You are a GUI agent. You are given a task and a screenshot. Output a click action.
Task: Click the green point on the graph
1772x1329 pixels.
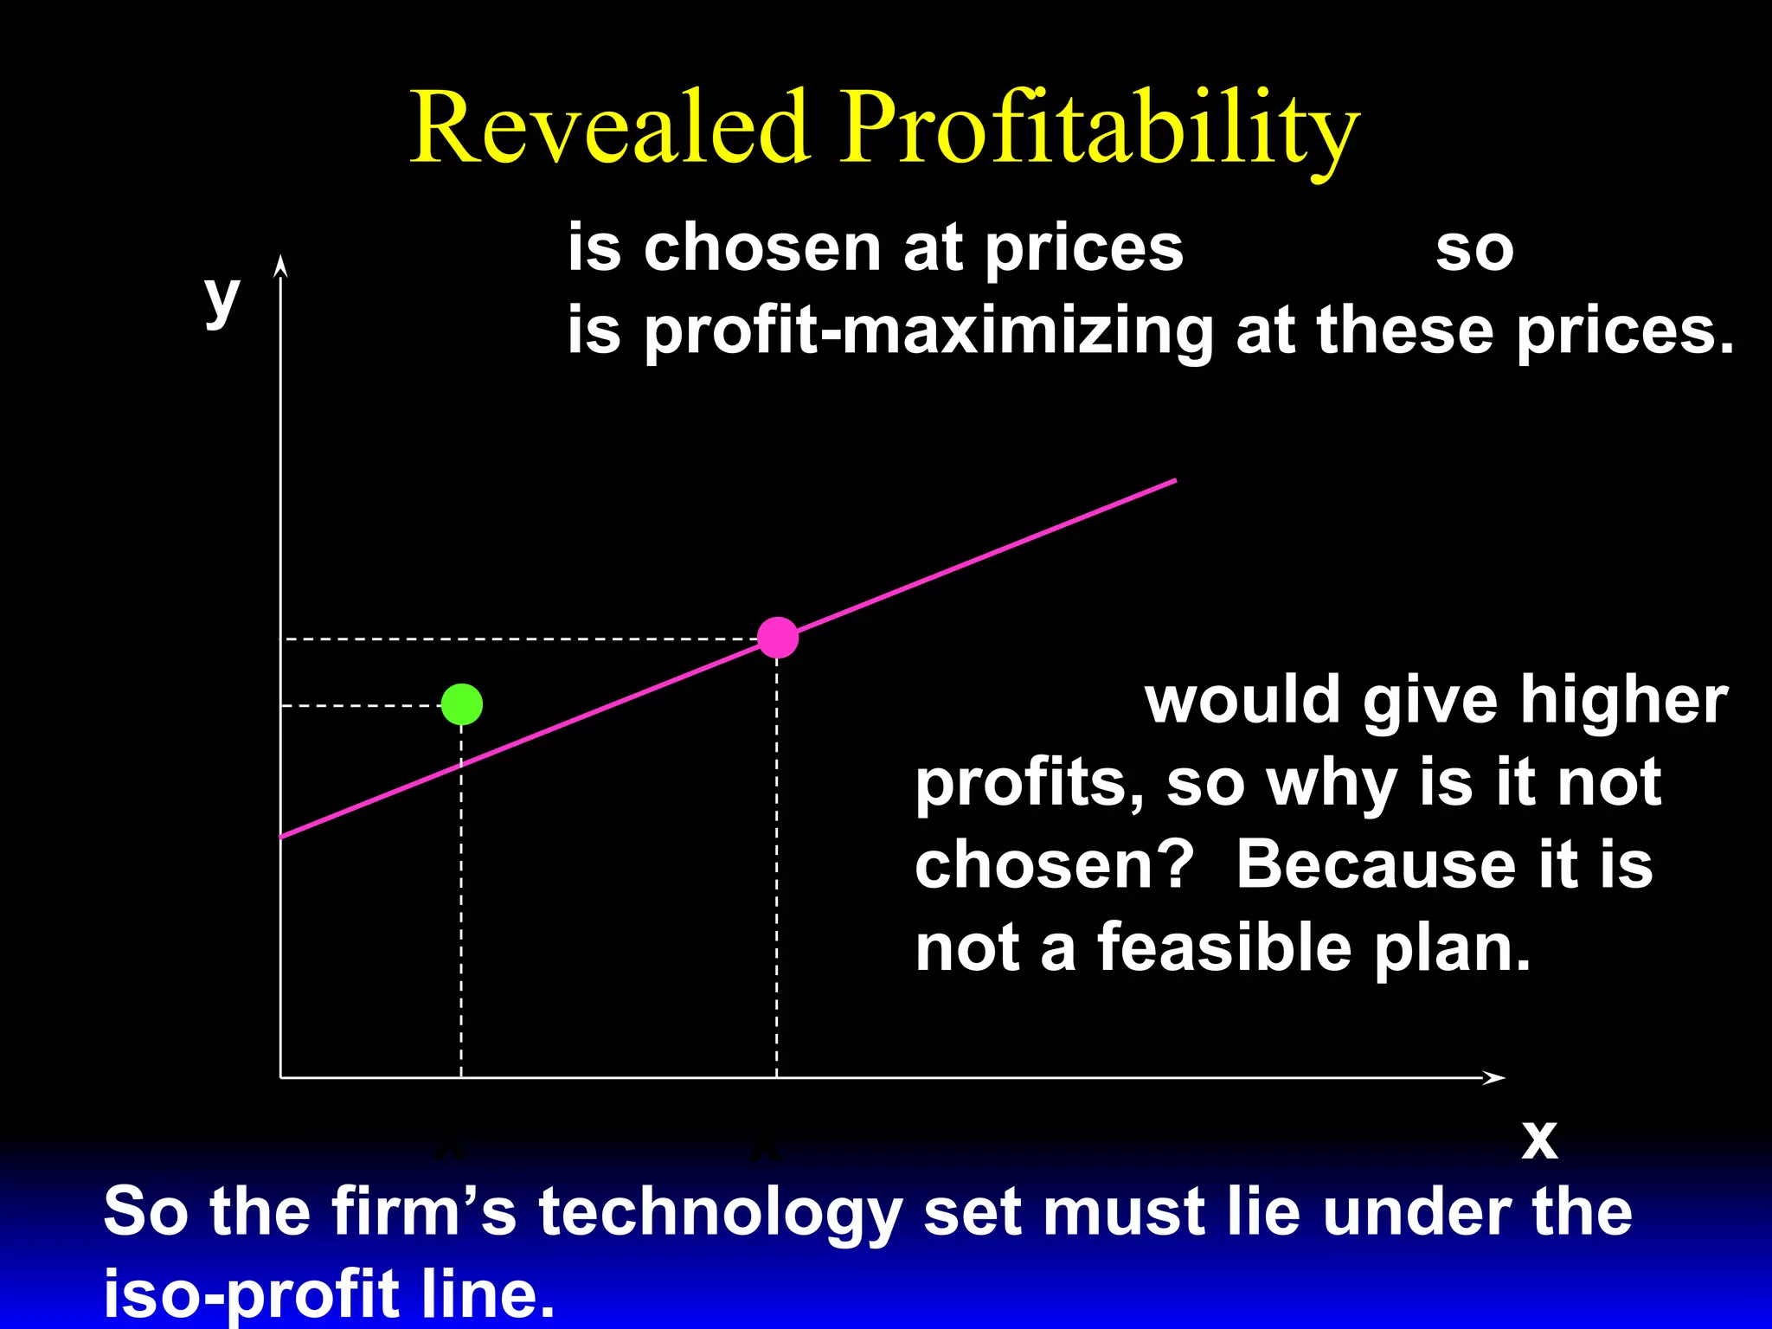[x=461, y=704]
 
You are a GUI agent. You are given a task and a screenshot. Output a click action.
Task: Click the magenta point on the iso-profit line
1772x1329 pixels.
[x=777, y=638]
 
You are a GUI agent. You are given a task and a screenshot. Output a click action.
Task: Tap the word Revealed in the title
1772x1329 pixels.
[x=609, y=127]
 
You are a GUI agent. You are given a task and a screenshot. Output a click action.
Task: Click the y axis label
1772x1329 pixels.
[x=221, y=298]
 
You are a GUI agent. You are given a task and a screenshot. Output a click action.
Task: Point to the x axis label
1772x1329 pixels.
[x=1539, y=1139]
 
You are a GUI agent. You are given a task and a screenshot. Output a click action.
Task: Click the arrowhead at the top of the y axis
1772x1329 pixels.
[x=279, y=264]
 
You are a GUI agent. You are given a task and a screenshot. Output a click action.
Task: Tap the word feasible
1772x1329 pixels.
[x=1224, y=947]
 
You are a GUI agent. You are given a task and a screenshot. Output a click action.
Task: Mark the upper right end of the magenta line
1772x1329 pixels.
[x=1173, y=480]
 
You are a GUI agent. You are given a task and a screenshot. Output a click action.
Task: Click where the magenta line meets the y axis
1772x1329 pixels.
[x=281, y=837]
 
